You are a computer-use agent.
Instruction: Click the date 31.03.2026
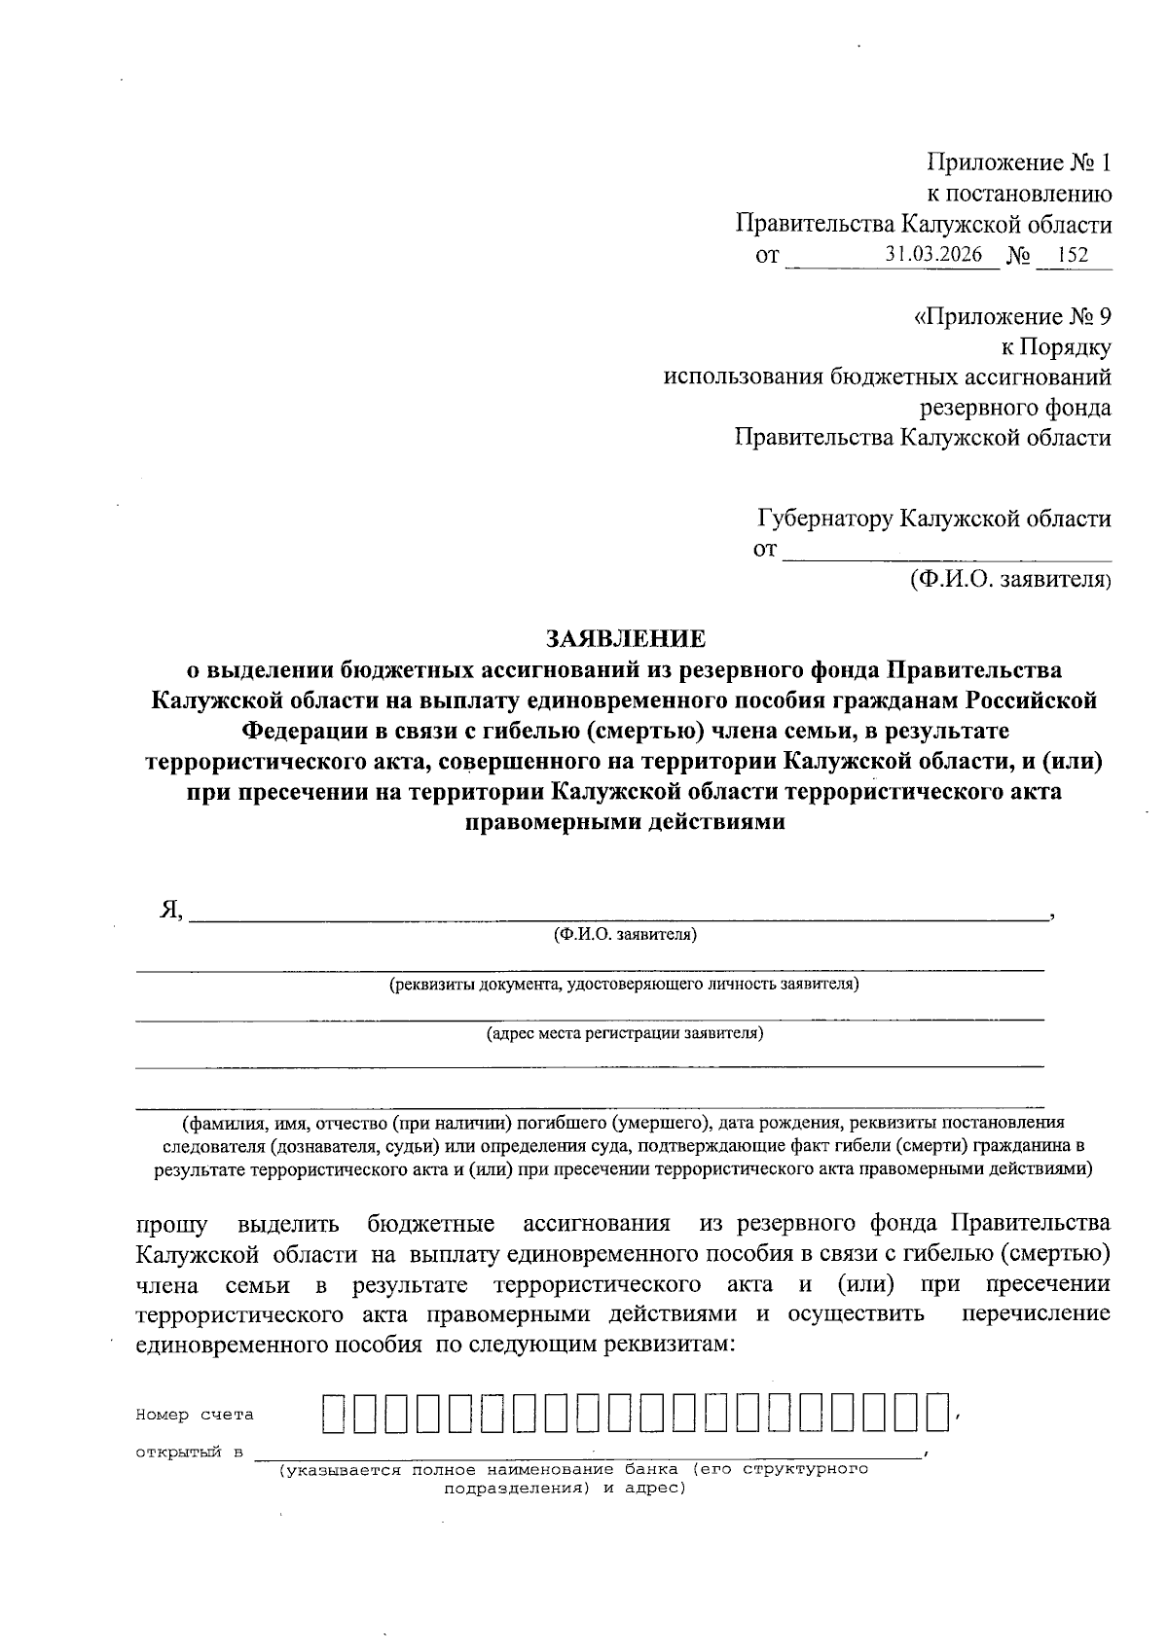[x=941, y=255]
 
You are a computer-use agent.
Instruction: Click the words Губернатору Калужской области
[x=933, y=519]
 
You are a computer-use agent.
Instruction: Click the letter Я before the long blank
[x=170, y=910]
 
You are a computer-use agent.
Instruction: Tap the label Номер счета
[x=194, y=1415]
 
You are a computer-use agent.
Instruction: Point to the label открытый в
[x=189, y=1453]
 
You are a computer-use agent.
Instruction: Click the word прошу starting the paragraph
[x=165, y=1223]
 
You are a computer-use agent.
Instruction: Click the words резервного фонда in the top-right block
[x=1014, y=407]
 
